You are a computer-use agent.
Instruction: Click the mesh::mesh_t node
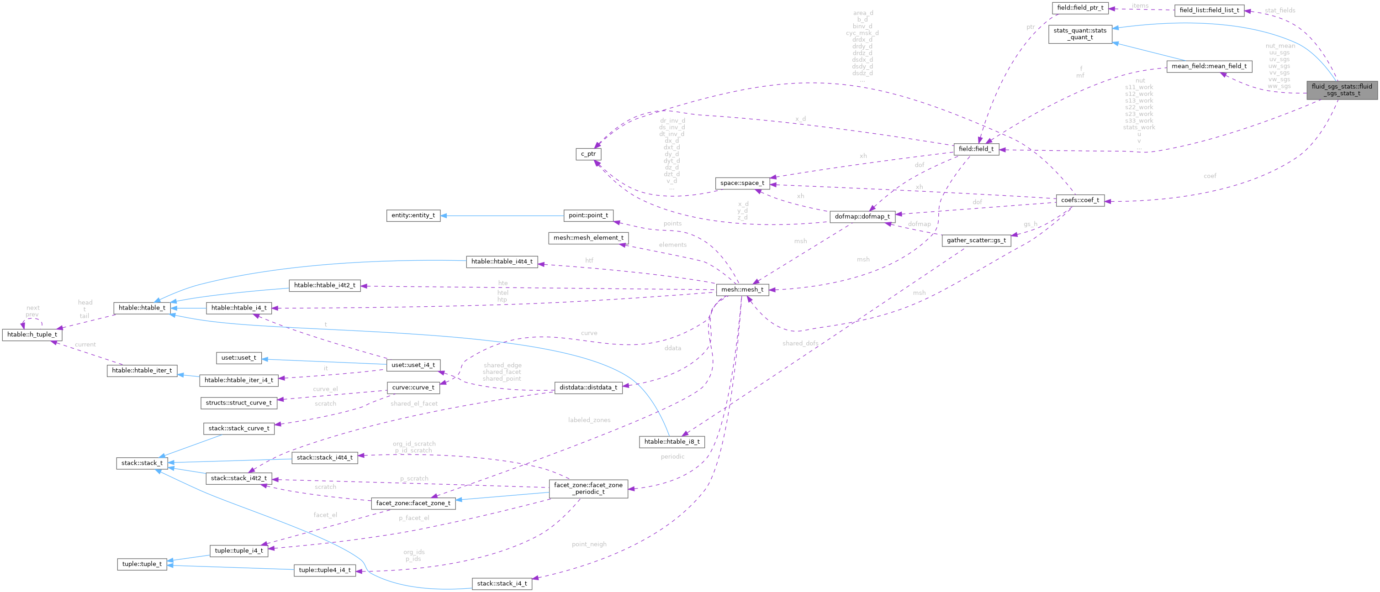[742, 289]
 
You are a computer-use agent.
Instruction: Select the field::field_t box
[976, 149]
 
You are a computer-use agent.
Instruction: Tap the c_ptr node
[588, 154]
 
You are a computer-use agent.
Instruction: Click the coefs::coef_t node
[1079, 200]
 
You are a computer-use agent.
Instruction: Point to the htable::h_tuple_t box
[32, 335]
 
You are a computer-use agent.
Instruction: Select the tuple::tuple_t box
[142, 564]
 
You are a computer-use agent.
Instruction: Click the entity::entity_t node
[413, 215]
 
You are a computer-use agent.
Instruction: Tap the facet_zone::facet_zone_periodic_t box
[588, 488]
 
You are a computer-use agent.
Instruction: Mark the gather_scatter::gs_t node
[976, 241]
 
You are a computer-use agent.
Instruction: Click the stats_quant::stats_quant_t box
[1079, 34]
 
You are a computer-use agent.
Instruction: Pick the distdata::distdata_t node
[588, 387]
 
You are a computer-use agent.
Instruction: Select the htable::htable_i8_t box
[672, 441]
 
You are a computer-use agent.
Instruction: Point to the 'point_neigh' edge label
[589, 545]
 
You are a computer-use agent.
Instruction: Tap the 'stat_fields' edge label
[1280, 10]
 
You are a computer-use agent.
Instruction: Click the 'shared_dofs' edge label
[800, 344]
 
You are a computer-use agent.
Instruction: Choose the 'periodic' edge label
[672, 456]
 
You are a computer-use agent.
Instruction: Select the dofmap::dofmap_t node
[862, 217]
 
